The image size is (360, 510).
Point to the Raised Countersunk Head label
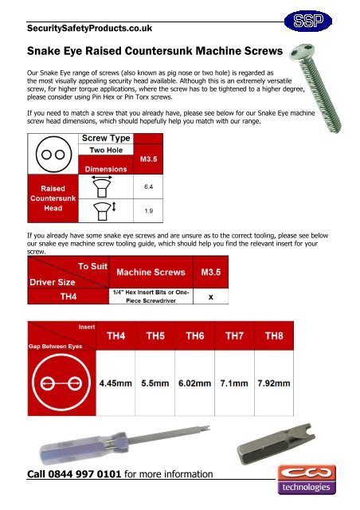coord(53,200)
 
